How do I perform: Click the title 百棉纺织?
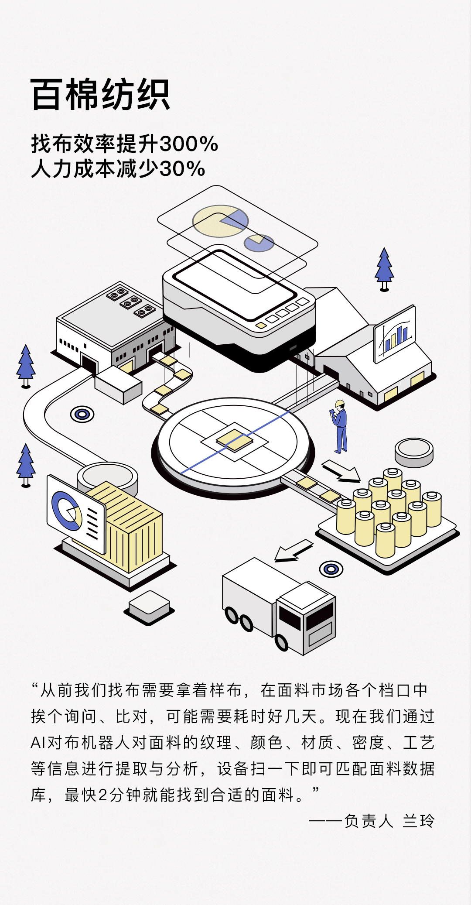click(100, 95)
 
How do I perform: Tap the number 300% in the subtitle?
click(189, 144)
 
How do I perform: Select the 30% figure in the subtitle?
click(182, 169)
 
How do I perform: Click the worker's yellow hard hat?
click(340, 404)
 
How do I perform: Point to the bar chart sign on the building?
click(395, 334)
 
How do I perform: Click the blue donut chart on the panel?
click(66, 510)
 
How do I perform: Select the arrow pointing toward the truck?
click(293, 550)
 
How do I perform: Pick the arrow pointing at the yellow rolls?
click(341, 471)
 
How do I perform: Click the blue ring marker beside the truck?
click(331, 569)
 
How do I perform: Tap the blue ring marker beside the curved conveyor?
click(82, 414)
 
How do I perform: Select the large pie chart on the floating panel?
click(220, 221)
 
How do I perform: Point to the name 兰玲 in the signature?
click(419, 821)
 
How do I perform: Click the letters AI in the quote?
click(38, 742)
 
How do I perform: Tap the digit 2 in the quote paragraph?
click(102, 795)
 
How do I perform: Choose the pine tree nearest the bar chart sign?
click(384, 269)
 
